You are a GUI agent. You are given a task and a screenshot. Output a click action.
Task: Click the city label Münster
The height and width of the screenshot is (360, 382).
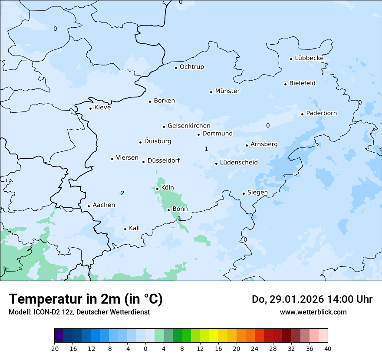point(227,91)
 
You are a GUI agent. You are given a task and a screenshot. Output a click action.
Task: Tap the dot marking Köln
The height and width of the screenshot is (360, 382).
point(157,189)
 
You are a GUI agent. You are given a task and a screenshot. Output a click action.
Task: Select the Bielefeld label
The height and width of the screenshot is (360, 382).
point(302,83)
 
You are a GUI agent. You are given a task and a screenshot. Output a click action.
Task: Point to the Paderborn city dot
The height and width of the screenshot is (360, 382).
point(302,114)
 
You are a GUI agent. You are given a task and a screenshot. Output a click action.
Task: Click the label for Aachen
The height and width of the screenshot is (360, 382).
point(104,205)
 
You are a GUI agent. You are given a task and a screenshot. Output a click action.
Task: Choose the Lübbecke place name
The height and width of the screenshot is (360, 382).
point(309,58)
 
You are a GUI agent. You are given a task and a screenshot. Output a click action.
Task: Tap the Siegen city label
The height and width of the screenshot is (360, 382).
point(257,193)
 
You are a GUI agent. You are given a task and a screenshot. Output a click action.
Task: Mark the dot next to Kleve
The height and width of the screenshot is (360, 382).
point(90,108)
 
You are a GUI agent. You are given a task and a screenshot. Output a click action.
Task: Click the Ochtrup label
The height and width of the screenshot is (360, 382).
point(191,67)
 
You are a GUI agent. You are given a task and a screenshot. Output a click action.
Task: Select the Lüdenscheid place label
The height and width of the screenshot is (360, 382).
point(239,163)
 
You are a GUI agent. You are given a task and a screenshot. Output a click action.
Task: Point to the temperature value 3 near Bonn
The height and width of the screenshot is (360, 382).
point(179,218)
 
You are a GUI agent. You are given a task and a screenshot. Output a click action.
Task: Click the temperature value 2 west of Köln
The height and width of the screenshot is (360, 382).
point(122,193)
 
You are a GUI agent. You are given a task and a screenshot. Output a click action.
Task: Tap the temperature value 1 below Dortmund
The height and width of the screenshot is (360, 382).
point(206,149)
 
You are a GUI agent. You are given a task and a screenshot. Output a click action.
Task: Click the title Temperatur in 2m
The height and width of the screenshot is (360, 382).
point(86,299)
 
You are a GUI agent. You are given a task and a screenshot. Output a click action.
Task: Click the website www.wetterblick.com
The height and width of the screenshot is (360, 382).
point(313,312)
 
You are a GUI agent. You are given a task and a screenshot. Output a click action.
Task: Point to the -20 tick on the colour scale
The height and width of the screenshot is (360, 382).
point(54,348)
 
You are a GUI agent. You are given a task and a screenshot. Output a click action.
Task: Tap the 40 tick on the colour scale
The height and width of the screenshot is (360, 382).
point(328,348)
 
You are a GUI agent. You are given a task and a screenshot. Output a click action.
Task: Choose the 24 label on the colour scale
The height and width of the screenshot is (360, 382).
point(255,348)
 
